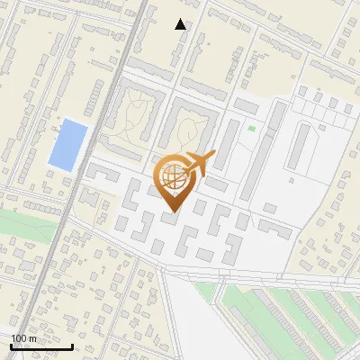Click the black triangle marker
181,24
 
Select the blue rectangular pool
68,144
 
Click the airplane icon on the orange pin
200,164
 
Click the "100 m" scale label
24,338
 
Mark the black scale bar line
41,346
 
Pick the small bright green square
251,130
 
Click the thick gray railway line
99,180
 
